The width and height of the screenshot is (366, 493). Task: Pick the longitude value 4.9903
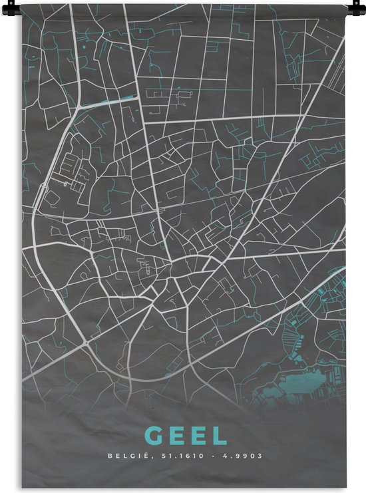click(242, 456)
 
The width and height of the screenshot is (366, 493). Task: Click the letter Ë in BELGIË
click(142, 456)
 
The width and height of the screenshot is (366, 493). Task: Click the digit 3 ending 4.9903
click(260, 456)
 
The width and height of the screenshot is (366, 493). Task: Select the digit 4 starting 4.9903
click(224, 456)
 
